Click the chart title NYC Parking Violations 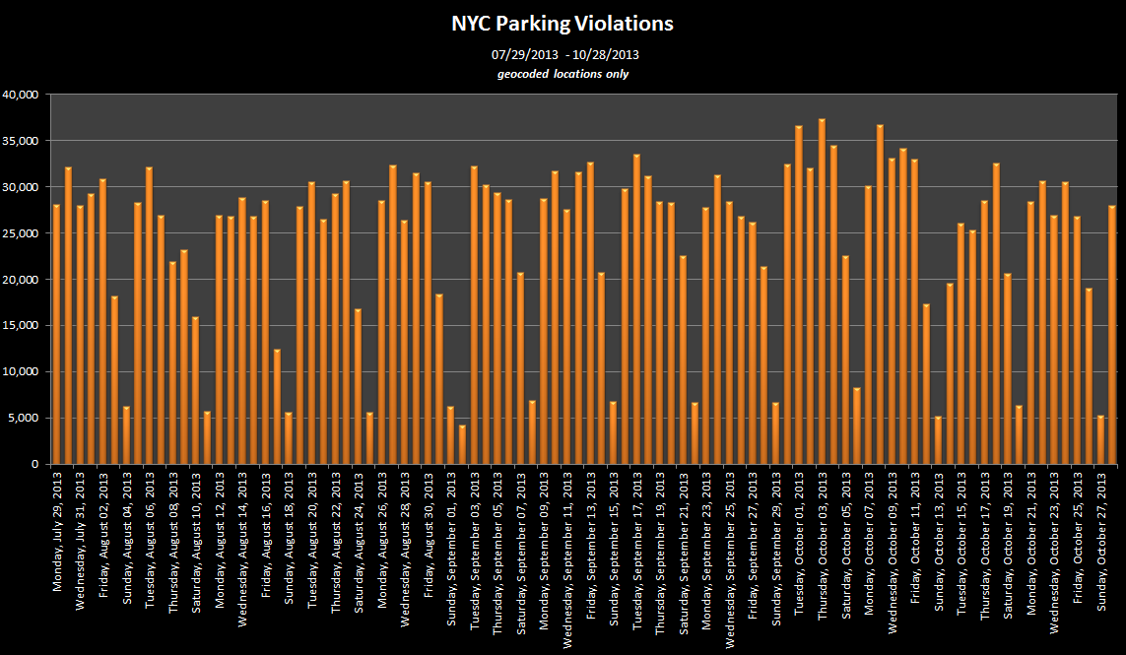[563, 24]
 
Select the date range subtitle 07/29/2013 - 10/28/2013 [565, 54]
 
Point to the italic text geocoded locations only [563, 74]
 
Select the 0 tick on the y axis [34, 464]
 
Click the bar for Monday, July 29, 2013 [57, 334]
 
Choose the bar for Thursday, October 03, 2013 [823, 291]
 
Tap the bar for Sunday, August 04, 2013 [126, 434]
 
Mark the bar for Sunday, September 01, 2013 [451, 434]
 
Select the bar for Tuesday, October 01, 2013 [799, 295]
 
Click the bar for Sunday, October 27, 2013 [1100, 439]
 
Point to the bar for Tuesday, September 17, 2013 [636, 309]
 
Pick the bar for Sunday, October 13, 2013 [938, 439]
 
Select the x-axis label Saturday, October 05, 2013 [845, 545]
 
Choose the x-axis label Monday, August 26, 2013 [382, 540]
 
